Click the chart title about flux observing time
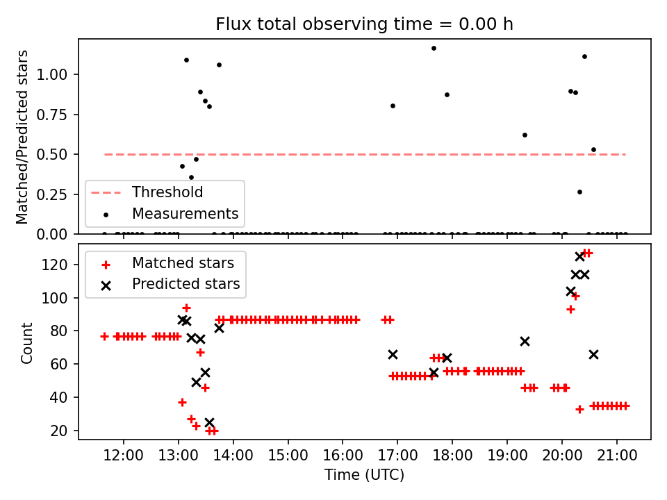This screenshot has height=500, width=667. [364, 24]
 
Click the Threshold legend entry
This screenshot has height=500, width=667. [167, 192]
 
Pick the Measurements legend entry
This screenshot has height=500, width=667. [185, 213]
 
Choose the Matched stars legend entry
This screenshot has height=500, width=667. [183, 263]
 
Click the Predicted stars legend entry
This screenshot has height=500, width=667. [186, 284]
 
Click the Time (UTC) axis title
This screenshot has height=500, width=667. [364, 475]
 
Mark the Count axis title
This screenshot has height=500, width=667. [27, 342]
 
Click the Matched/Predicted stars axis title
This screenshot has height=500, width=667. [23, 137]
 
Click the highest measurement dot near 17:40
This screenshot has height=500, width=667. [434, 49]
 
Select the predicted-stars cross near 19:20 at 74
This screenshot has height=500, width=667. [525, 341]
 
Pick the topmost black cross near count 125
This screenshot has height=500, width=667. [579, 257]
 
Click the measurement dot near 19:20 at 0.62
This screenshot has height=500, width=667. [525, 135]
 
